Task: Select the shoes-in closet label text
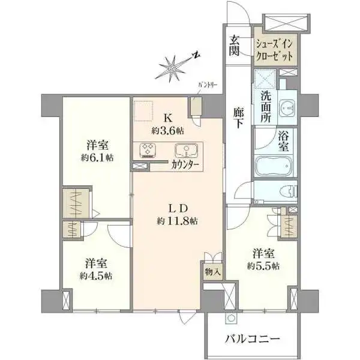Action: [275, 50]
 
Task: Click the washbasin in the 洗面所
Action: [287, 107]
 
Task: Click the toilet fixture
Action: [289, 192]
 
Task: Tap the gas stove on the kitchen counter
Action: [148, 150]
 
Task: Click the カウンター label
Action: [185, 165]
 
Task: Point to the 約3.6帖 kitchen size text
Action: [168, 131]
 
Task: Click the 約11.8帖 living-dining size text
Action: [177, 221]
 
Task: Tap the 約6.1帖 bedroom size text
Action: [97, 157]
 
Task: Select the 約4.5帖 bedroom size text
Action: [96, 276]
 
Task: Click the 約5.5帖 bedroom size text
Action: [263, 266]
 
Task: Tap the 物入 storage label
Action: [213, 272]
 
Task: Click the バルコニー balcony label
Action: [253, 339]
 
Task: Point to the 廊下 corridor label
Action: [239, 118]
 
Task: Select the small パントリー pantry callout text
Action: [208, 85]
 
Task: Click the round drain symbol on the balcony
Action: [230, 318]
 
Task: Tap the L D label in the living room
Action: [178, 208]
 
